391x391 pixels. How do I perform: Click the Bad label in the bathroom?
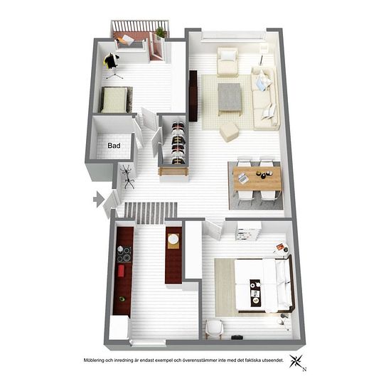pos(114,145)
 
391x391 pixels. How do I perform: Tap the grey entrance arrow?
pos(99,199)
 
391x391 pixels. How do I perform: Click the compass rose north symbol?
pos(297,362)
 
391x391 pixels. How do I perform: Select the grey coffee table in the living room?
pos(230,98)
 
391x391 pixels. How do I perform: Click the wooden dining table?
pos(257,178)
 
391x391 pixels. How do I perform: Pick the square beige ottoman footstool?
pos(230,132)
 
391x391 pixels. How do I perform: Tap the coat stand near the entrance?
pos(128,176)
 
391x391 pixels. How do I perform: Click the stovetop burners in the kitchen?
pos(124,255)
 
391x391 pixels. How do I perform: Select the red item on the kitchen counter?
pos(121,271)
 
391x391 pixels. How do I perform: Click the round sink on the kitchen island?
pos(173,239)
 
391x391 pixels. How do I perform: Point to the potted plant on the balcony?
pos(161,32)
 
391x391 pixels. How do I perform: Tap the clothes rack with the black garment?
pos(112,65)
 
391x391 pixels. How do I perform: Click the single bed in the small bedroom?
pos(116,100)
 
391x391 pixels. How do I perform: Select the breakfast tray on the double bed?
pos(255,291)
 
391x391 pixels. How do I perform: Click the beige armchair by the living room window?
pos(227,62)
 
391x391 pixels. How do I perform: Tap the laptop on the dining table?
pos(242,178)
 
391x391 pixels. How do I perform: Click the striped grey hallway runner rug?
pos(151,213)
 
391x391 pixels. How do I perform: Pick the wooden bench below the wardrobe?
pos(173,173)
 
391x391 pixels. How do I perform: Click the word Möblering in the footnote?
pos(94,360)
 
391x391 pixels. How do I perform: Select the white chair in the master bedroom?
pos(214,329)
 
